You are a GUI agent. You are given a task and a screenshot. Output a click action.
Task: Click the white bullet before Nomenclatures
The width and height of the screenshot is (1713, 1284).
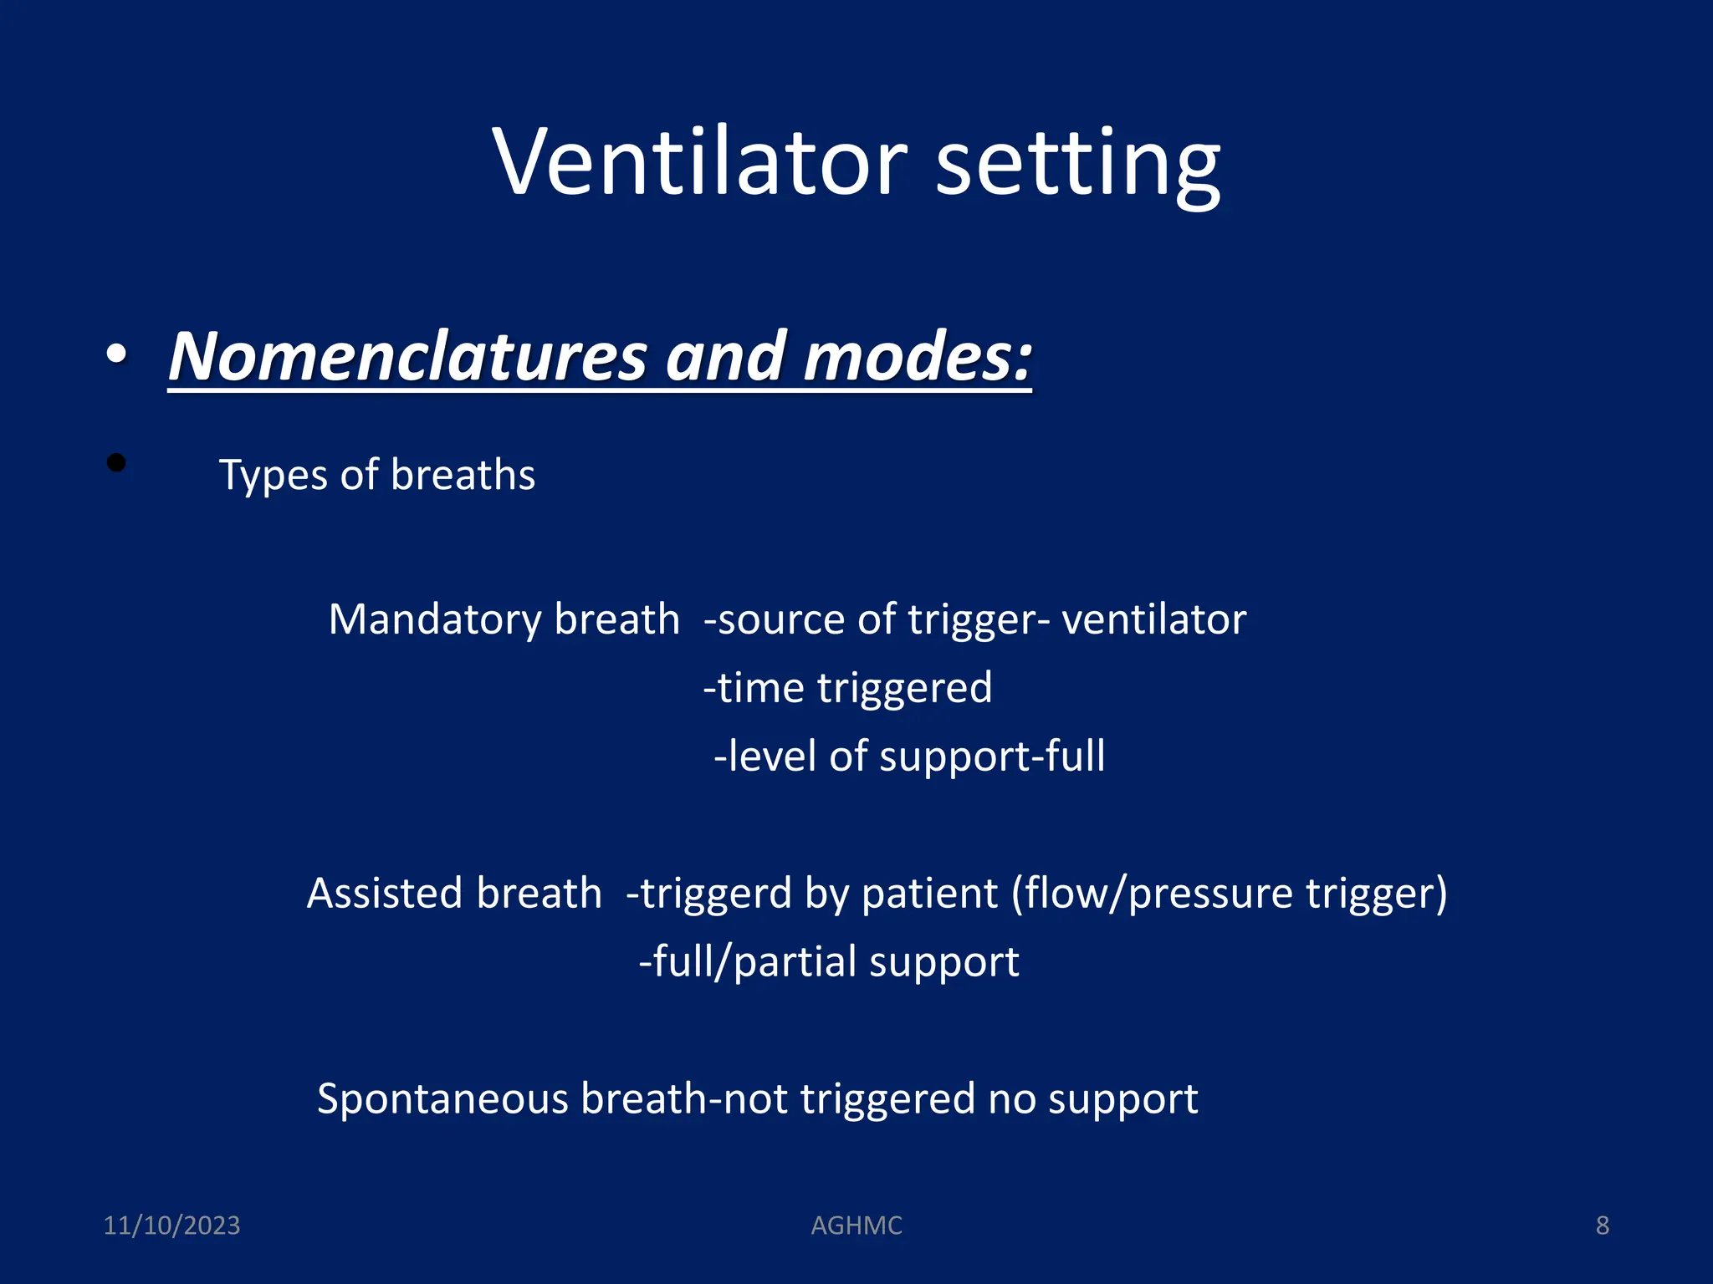pyautogui.click(x=117, y=354)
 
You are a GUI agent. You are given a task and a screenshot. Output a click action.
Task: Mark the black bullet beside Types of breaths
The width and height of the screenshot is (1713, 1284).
pyautogui.click(x=116, y=462)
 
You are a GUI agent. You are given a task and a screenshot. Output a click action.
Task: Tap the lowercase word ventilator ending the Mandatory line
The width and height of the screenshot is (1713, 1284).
pyautogui.click(x=1153, y=619)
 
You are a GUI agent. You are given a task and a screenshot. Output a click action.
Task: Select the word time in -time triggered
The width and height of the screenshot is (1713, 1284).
pyautogui.click(x=761, y=688)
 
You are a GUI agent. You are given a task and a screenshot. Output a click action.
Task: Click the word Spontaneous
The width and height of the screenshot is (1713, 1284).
pyautogui.click(x=442, y=1098)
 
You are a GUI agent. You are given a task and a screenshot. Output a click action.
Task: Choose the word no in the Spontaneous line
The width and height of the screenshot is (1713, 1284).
pyautogui.click(x=1011, y=1098)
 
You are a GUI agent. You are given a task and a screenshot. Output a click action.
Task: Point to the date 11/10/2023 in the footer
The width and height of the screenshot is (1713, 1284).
pyautogui.click(x=171, y=1225)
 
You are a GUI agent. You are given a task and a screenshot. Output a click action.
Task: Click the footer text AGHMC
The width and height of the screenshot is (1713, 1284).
pyautogui.click(x=856, y=1225)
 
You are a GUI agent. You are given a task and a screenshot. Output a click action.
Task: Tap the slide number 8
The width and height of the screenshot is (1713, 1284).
pyautogui.click(x=1602, y=1225)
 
